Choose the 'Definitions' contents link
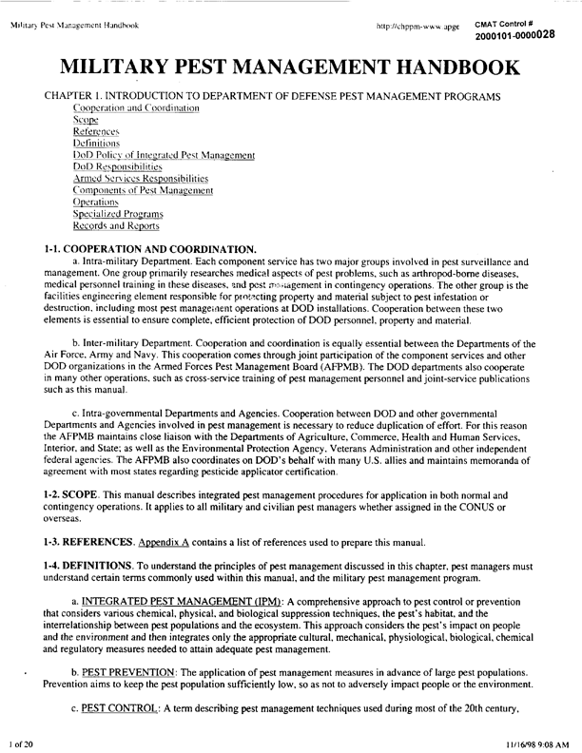96,144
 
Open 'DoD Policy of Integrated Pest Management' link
164,155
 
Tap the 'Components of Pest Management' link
143,190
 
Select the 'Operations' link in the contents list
95,203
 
